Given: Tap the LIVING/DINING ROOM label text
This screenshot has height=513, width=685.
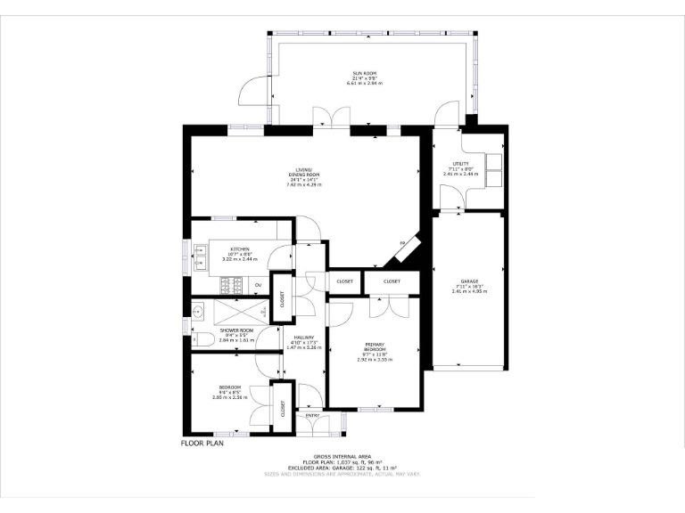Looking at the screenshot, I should click(303, 174).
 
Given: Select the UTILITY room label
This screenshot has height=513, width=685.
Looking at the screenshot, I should click(459, 164).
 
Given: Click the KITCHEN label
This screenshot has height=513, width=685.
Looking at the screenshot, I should click(239, 249).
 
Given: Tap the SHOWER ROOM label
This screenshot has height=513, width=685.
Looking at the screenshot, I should click(236, 330).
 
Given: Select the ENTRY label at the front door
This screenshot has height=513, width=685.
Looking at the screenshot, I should click(311, 415).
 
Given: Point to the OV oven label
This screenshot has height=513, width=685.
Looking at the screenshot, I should click(259, 285).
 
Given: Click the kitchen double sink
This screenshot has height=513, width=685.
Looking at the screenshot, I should click(200, 261).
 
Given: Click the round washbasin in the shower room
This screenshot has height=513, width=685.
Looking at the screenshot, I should click(199, 311).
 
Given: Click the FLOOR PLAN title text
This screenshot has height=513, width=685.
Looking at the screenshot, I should click(202, 442).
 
